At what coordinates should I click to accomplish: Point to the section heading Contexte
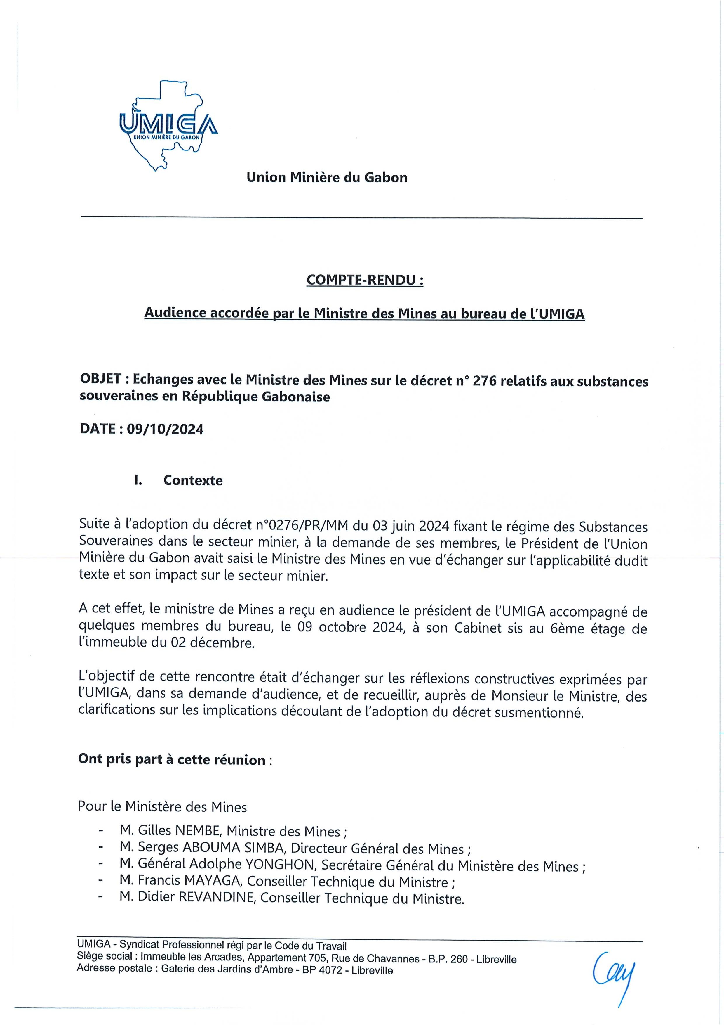pyautogui.click(x=193, y=480)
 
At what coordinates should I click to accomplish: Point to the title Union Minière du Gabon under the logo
pyautogui.click(x=327, y=178)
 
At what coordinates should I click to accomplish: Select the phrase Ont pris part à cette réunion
pyautogui.click(x=172, y=760)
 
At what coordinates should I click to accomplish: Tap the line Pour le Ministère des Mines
pyautogui.click(x=162, y=807)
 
